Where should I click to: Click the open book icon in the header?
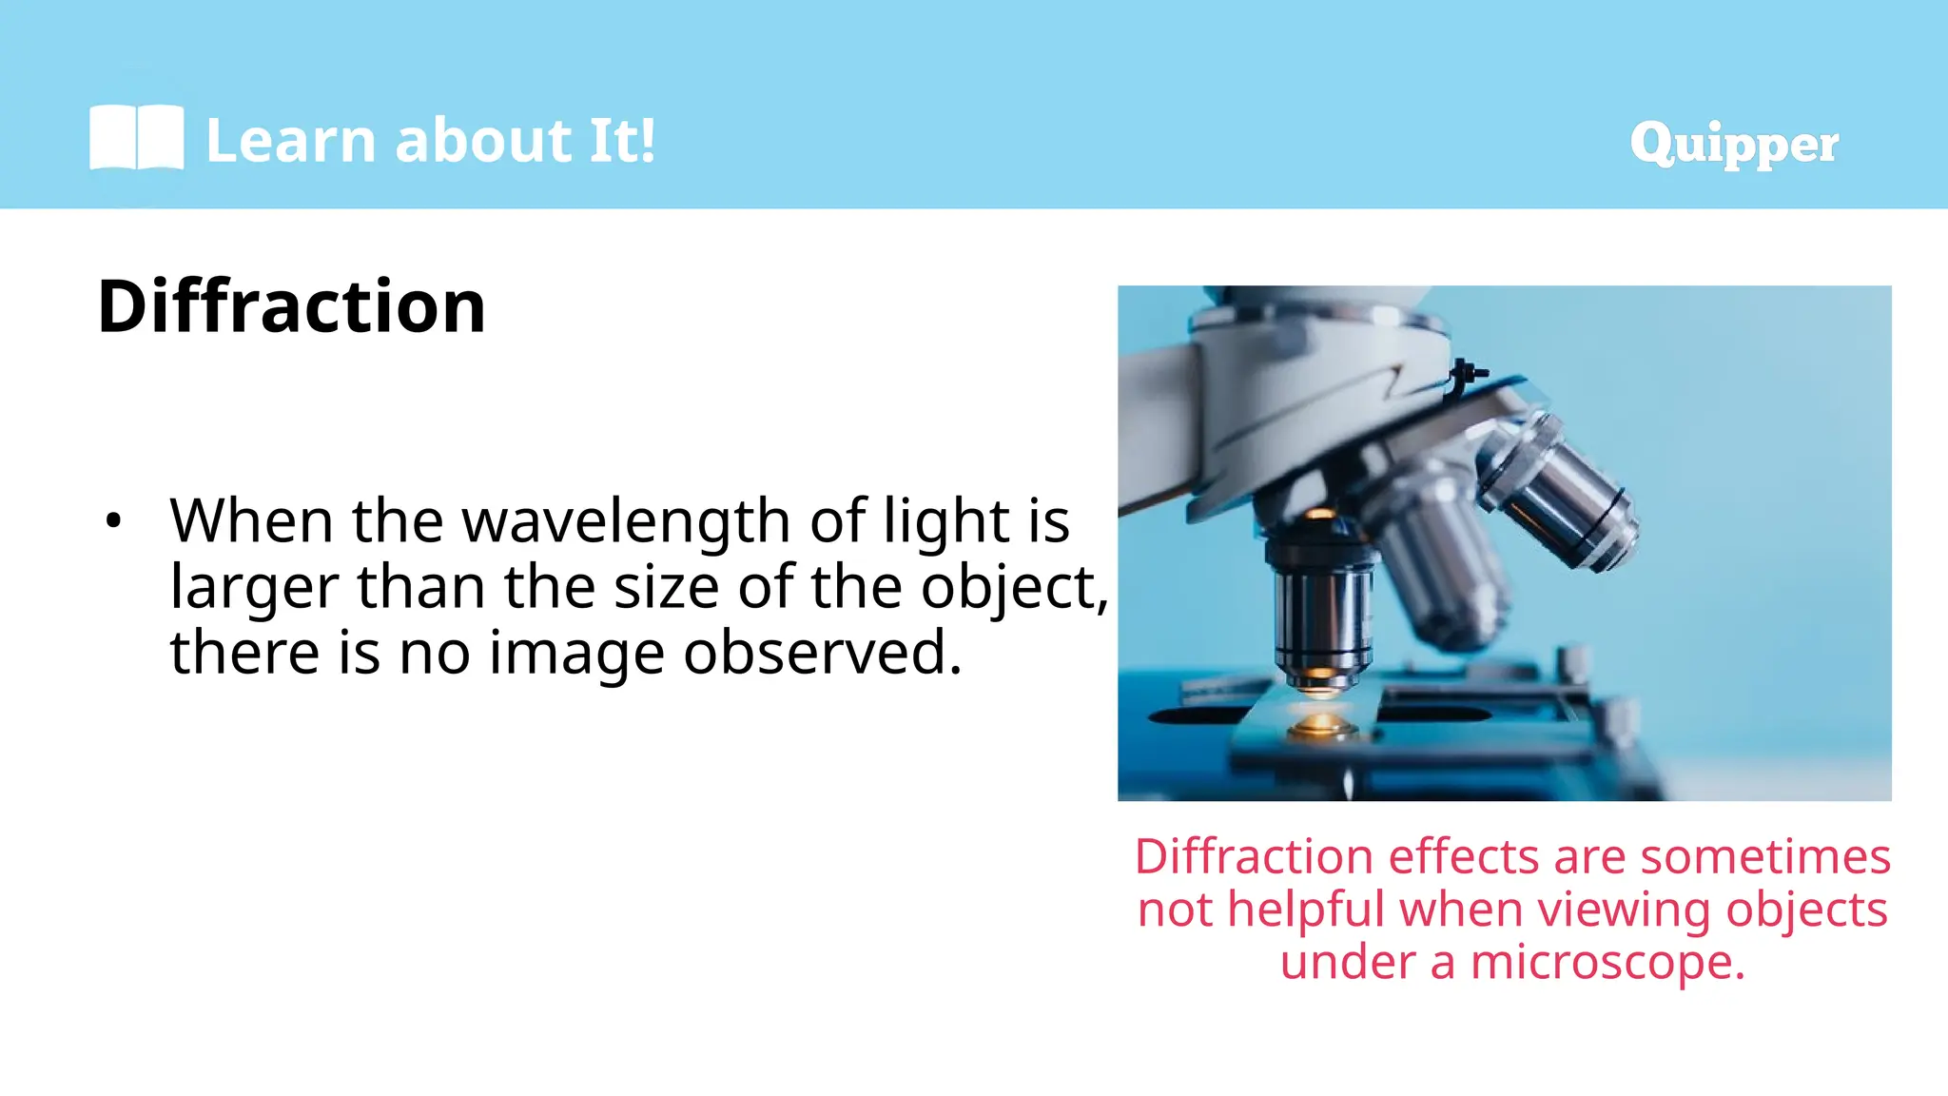click(x=136, y=138)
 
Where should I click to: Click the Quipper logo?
click(x=1733, y=144)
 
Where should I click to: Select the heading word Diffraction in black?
click(x=291, y=306)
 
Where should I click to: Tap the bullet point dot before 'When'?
click(x=114, y=521)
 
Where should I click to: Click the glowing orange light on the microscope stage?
click(x=1320, y=725)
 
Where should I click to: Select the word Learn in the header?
click(x=291, y=140)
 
